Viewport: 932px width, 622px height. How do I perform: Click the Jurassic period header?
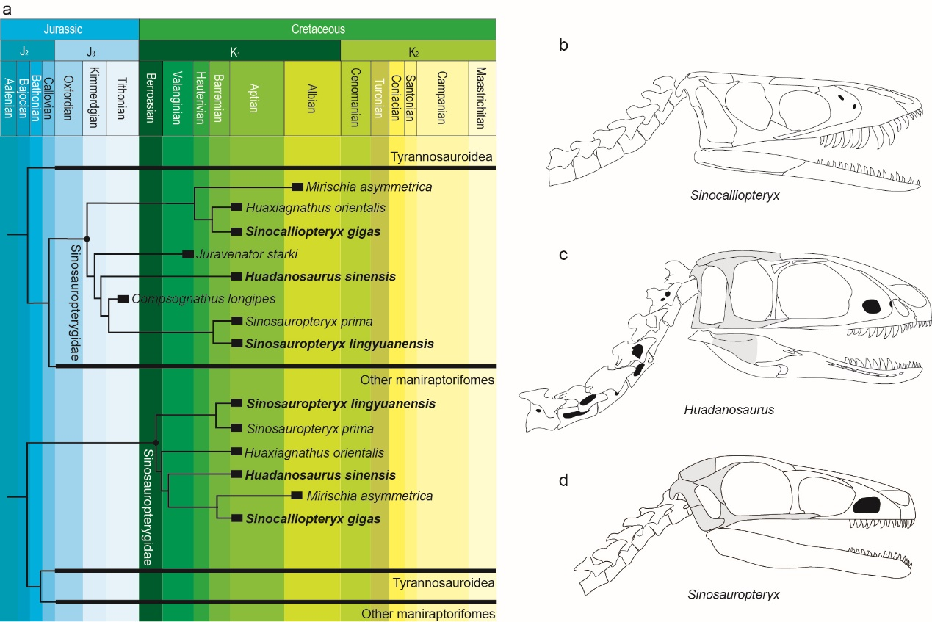pos(70,29)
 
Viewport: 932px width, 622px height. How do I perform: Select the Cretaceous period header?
pos(317,29)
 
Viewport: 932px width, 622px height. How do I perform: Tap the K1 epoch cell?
pos(240,51)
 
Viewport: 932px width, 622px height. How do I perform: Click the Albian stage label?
pos(312,97)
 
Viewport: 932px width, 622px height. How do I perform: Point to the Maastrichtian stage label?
pos(481,97)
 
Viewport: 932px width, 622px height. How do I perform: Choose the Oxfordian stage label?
pos(69,97)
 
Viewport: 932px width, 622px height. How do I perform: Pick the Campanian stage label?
pos(442,97)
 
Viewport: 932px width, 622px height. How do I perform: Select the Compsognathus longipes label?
pos(203,299)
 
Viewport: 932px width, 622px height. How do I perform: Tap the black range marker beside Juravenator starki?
pos(187,254)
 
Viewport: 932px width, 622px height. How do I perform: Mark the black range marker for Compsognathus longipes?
pos(123,299)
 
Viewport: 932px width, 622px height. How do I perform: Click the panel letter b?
pos(563,46)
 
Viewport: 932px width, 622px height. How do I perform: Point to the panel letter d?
pos(563,481)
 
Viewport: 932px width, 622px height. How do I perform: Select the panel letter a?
pos(6,7)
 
